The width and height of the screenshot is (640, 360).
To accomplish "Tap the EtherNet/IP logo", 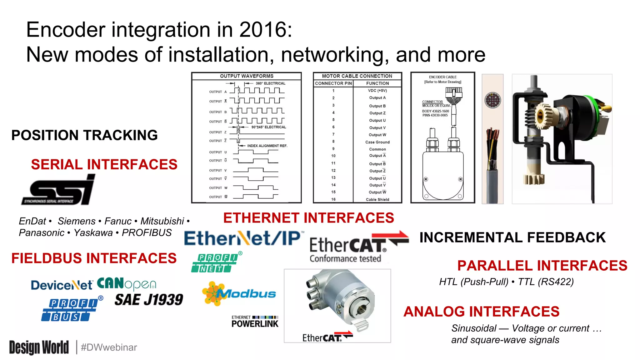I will pyautogui.click(x=243, y=238).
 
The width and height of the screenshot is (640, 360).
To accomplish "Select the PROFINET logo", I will pyautogui.click(x=216, y=262).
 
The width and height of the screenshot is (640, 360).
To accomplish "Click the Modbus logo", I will pyautogui.click(x=239, y=293).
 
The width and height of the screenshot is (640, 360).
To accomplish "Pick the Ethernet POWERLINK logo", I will pyautogui.click(x=255, y=322).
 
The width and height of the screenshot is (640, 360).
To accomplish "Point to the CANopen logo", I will pyautogui.click(x=126, y=284).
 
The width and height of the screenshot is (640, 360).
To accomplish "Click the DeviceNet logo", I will pyautogui.click(x=62, y=285).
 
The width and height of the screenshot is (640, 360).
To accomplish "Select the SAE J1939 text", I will pyautogui.click(x=149, y=300).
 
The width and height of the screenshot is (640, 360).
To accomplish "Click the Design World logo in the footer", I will pyautogui.click(x=39, y=347).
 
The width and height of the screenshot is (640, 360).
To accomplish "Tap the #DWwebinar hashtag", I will pyautogui.click(x=109, y=347).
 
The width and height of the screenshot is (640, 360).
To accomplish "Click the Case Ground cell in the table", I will pyautogui.click(x=377, y=142).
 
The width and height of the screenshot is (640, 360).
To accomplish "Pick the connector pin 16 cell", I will pyautogui.click(x=333, y=199).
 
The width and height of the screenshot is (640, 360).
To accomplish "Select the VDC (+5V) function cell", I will pyautogui.click(x=377, y=91).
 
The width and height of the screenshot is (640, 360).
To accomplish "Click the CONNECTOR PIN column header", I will pyautogui.click(x=333, y=83).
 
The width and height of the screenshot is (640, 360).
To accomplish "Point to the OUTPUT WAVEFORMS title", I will pyautogui.click(x=247, y=76).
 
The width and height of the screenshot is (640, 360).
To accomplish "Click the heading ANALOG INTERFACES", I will pyautogui.click(x=481, y=312).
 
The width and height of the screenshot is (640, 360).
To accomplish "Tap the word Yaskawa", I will pyautogui.click(x=93, y=233).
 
